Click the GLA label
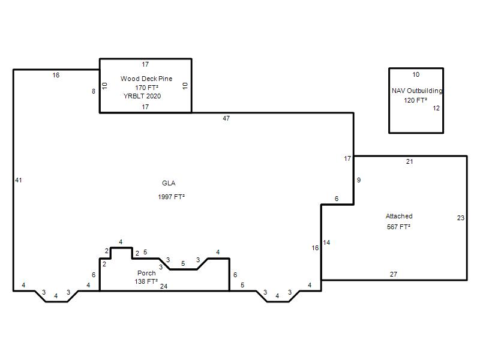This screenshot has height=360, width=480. coord(169,183)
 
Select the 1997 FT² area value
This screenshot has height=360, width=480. coord(171,197)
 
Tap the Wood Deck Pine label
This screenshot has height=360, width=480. coord(146,79)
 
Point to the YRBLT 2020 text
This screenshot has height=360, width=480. coord(142,96)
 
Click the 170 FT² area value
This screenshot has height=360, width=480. coord(146,88)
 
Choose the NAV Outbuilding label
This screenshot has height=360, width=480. coord(417,91)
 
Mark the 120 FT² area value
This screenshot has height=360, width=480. coord(415,100)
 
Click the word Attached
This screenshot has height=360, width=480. coord(399,216)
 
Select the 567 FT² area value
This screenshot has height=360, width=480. coord(398,227)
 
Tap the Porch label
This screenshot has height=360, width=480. coord(146,273)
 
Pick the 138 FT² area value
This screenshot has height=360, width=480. coord(146,281)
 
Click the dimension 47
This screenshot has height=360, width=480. coord(226,118)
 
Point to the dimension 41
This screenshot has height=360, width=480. coord(19,181)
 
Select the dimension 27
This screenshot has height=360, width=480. coord(394,274)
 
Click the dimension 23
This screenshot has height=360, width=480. coord(461,218)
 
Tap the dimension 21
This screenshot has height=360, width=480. coord(410,161)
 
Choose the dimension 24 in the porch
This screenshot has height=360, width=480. coord(164,286)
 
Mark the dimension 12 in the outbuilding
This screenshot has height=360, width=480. coord(436,108)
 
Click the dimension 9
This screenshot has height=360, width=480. coord(359,181)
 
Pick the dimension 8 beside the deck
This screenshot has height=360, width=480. coord(94,91)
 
